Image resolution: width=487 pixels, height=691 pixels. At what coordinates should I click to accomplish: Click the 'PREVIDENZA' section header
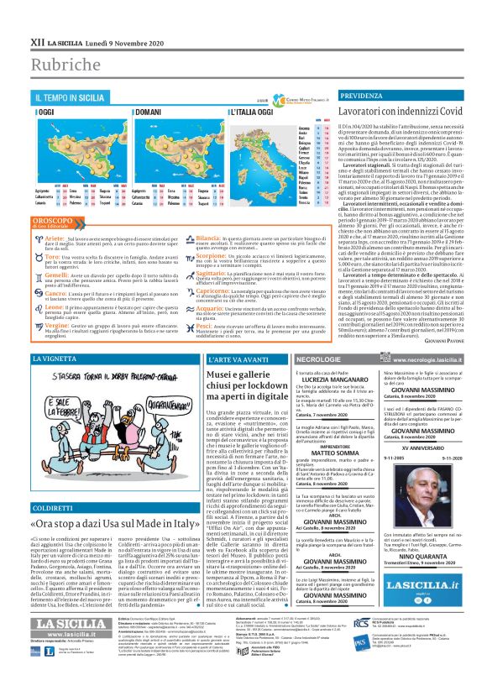coord(361,98)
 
